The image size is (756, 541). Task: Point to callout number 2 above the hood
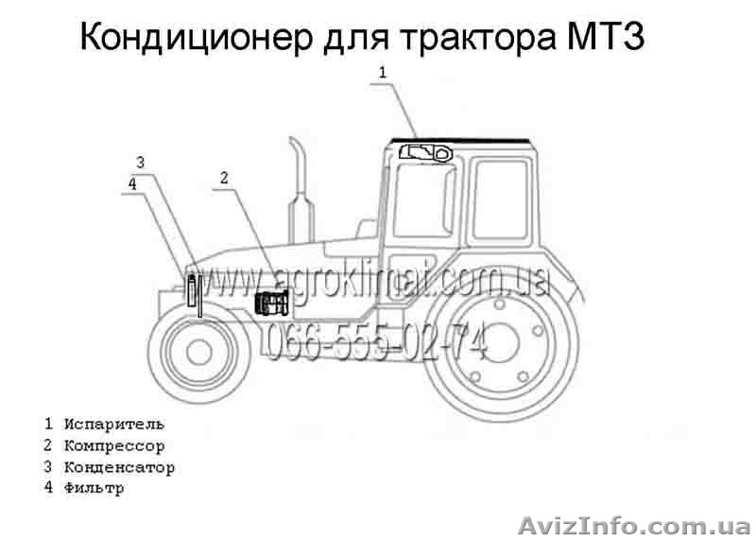click(224, 177)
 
